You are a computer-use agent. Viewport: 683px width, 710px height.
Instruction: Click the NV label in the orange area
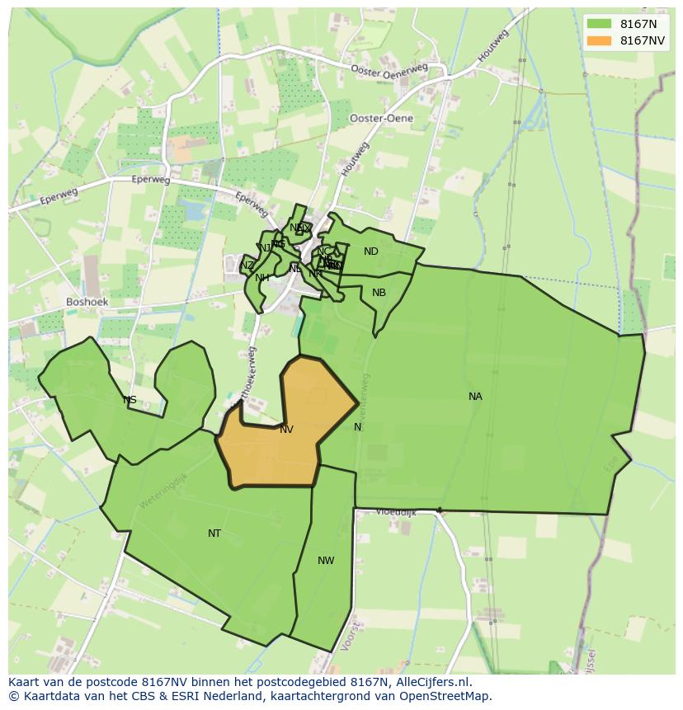286,430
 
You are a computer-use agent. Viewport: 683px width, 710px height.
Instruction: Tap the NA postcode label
475,397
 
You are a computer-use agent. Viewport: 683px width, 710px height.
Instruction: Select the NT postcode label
214,534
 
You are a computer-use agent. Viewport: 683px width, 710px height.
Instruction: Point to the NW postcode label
326,561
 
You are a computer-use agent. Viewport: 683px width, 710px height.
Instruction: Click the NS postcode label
130,401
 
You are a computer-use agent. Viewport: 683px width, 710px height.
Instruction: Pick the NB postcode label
379,293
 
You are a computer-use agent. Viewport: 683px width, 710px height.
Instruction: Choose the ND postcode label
371,252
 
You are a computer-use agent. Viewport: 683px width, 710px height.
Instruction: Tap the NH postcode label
262,278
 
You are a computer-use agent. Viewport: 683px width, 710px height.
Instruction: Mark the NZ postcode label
247,266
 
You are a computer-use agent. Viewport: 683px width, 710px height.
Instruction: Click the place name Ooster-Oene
381,119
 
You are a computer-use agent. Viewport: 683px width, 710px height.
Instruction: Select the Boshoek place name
87,303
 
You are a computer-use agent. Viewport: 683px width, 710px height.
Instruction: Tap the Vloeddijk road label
396,512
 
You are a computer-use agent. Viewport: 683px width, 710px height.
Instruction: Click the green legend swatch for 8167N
599,23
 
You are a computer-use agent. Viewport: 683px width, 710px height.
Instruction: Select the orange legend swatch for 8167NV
599,40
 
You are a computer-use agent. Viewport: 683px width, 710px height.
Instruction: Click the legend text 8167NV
643,40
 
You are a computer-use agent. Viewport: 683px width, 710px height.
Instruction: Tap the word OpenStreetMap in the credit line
448,696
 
